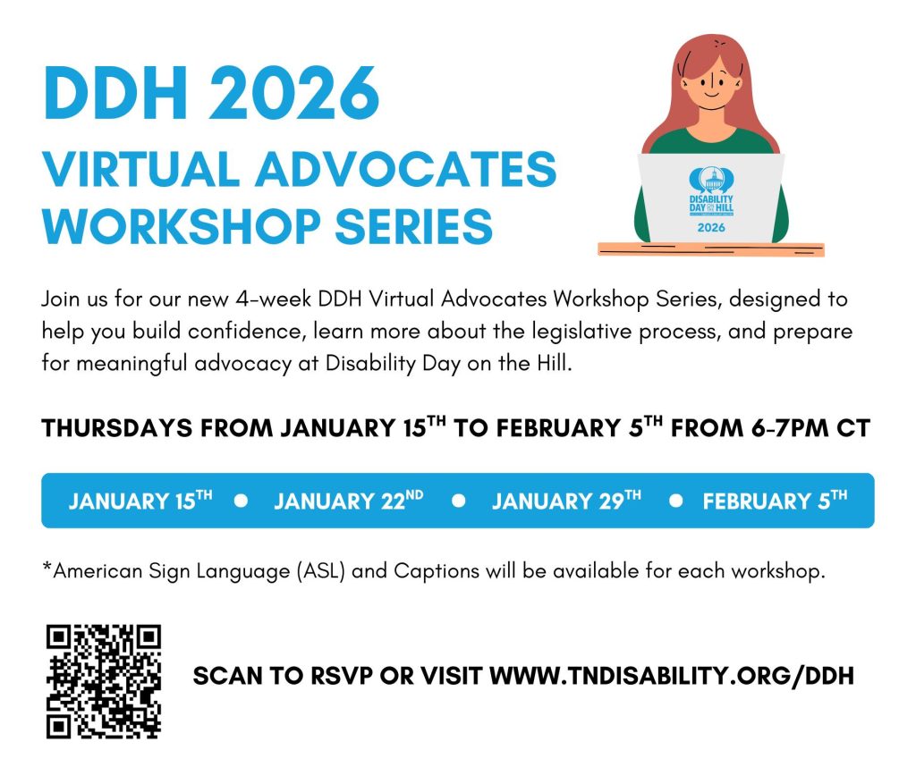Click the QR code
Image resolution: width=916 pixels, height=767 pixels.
pyautogui.click(x=103, y=681)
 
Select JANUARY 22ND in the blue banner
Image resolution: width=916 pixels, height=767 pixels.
pyautogui.click(x=349, y=501)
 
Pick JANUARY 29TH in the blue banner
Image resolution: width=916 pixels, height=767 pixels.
pyautogui.click(x=566, y=501)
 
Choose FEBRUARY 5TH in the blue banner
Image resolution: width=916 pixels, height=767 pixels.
pyautogui.click(x=775, y=501)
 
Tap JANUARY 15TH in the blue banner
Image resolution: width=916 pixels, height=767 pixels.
pyautogui.click(x=140, y=501)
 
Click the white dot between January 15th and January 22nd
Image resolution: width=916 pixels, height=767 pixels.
pyautogui.click(x=241, y=501)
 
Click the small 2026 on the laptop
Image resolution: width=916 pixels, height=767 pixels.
pyautogui.click(x=711, y=227)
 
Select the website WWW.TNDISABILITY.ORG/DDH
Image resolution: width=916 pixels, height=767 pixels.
pyautogui.click(x=672, y=676)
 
